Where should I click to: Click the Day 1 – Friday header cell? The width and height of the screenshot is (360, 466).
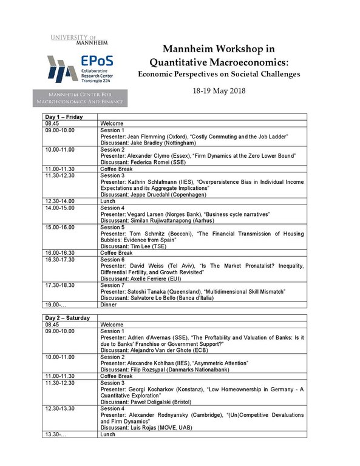tap(64, 116)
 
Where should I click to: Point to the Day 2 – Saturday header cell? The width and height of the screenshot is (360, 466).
tap(67, 318)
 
